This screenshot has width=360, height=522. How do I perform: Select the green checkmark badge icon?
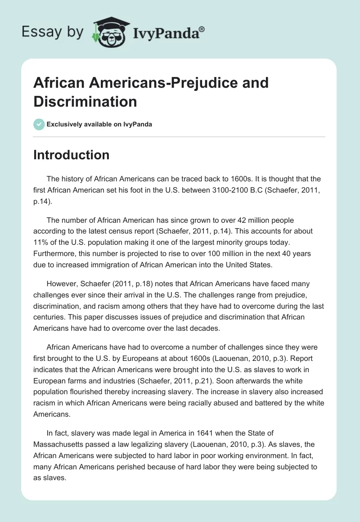click(39, 124)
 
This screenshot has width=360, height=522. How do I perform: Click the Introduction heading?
click(71, 155)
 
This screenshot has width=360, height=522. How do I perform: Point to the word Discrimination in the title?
click(85, 102)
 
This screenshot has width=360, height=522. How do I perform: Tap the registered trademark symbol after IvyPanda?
click(202, 29)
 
